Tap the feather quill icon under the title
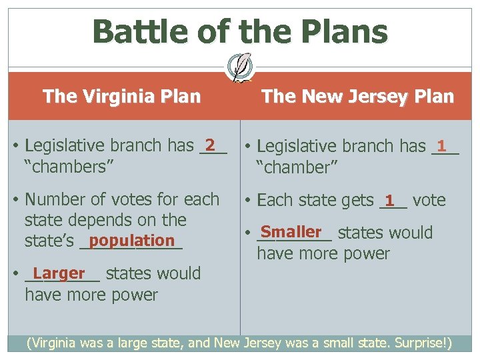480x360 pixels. click(x=240, y=66)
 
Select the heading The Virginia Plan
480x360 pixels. click(x=121, y=97)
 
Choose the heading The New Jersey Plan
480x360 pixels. click(x=357, y=97)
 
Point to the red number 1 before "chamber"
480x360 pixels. click(x=441, y=145)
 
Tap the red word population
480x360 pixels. click(x=131, y=240)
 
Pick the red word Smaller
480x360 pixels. click(x=291, y=231)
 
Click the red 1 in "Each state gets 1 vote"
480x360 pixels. click(x=390, y=199)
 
